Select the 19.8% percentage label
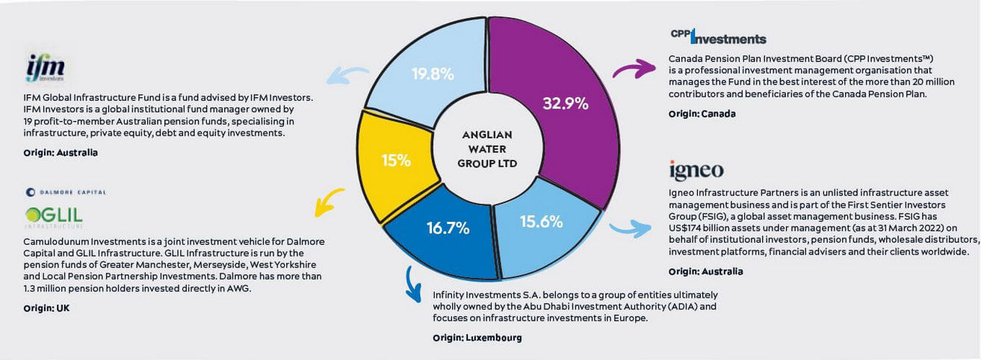pos(433,74)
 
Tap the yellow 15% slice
pos(395,160)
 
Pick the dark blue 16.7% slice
pos(448,229)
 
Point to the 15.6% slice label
pos(542,222)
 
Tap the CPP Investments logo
pos(718,37)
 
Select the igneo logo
pos(696,170)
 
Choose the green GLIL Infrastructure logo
pos(53,216)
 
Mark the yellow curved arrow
pos(329,201)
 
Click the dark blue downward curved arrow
pos(412,284)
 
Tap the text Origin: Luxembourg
pos(477,338)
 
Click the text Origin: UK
pos(46,308)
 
